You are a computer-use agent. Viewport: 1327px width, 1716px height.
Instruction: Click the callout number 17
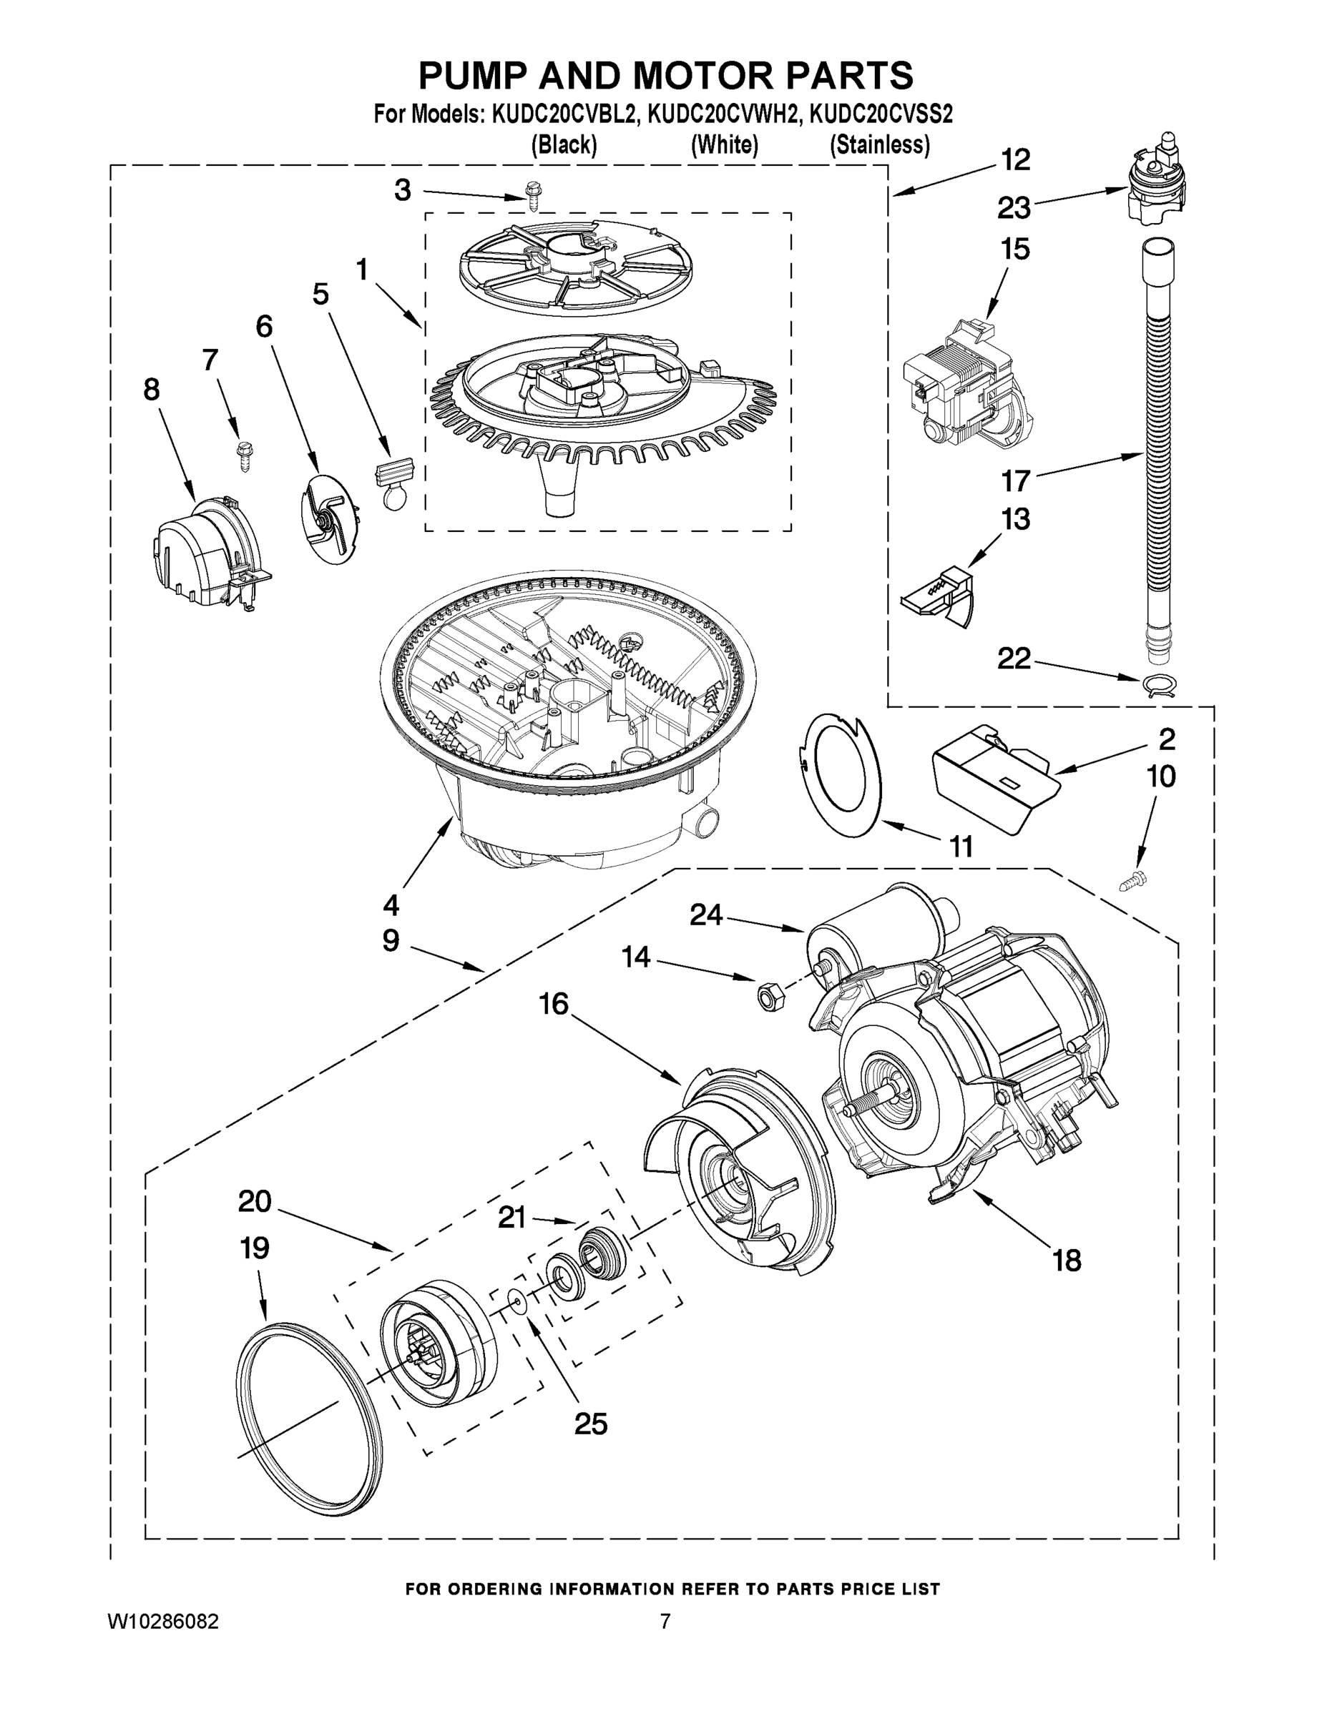coord(1015,479)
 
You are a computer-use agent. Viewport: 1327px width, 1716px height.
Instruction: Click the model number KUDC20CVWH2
coord(723,114)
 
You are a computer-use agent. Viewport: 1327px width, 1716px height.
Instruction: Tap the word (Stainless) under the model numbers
coord(880,145)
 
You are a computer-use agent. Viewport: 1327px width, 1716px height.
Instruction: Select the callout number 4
coord(391,905)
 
